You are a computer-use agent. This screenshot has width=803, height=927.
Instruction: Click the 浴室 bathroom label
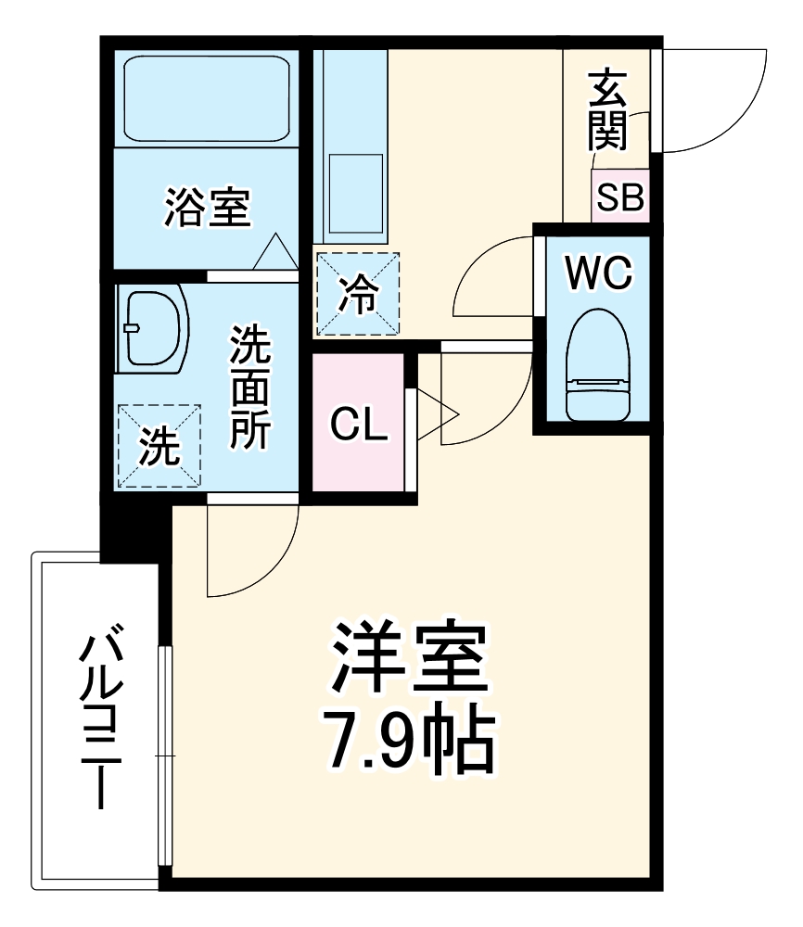[x=207, y=207]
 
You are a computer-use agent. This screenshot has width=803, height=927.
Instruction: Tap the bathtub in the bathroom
[x=206, y=98]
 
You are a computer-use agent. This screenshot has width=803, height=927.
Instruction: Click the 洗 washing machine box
[x=159, y=445]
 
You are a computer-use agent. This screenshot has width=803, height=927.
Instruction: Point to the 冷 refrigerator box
[x=357, y=294]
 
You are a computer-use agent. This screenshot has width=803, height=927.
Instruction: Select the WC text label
[x=598, y=273]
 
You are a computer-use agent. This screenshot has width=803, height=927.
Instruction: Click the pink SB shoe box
[x=620, y=197]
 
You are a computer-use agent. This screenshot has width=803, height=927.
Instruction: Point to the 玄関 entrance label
[x=607, y=111]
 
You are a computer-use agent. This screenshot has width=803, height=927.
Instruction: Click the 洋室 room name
[x=408, y=657]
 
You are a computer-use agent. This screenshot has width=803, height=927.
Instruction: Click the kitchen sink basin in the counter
[x=355, y=195]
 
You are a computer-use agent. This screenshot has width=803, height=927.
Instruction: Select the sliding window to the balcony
[x=165, y=756]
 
